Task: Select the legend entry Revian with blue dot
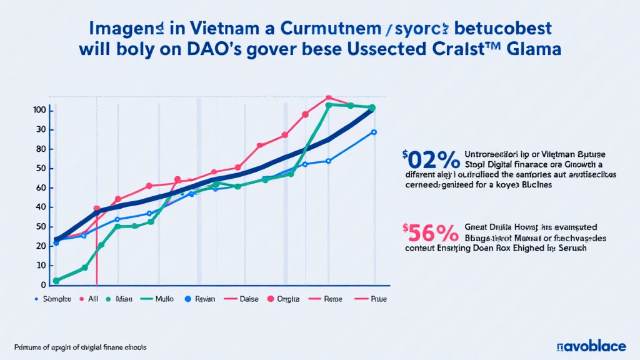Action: point(199,299)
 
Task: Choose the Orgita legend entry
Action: point(287,299)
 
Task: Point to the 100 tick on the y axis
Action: point(41,111)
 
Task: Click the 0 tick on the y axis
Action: point(43,285)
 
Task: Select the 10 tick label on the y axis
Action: point(41,266)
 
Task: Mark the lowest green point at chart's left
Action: point(56,281)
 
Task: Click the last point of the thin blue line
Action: point(374,132)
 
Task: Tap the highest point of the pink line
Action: point(327,98)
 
